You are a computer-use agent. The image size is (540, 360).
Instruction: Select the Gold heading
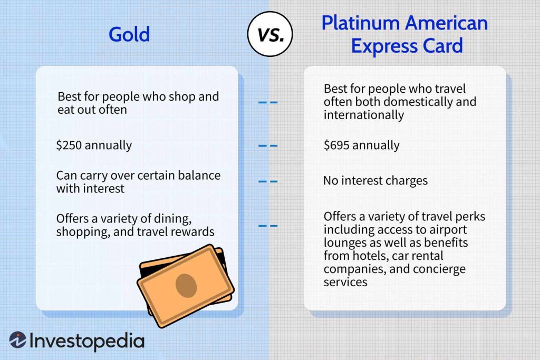click(129, 34)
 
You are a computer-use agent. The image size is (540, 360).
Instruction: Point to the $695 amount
click(337, 145)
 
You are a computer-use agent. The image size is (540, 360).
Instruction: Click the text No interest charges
click(375, 181)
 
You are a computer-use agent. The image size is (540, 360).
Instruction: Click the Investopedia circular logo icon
click(18, 340)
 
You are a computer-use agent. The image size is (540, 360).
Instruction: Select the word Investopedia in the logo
click(87, 341)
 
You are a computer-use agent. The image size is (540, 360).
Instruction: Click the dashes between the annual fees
click(268, 145)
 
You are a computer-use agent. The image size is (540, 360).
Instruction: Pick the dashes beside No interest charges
click(268, 181)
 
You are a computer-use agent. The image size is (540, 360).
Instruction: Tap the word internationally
click(363, 114)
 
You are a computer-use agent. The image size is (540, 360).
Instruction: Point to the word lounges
click(345, 244)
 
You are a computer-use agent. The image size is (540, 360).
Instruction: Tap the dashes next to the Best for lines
click(268, 102)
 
